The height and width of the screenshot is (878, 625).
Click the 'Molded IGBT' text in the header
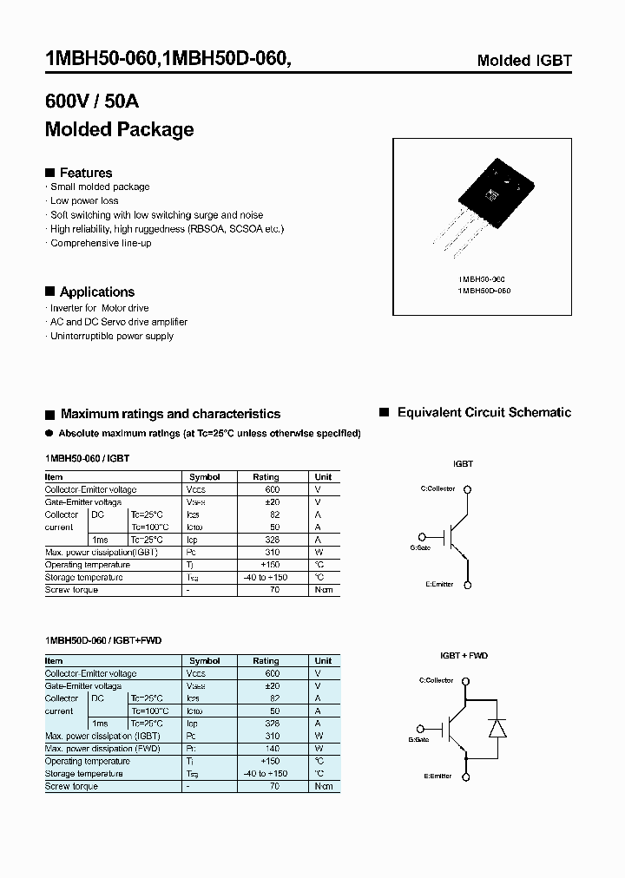pos(524,61)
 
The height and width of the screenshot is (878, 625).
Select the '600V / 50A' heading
pos(91,102)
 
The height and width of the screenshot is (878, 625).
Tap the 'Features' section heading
pos(85,173)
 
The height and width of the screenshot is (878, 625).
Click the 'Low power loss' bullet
pos(84,200)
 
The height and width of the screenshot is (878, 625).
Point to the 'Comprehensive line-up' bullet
pos(101,243)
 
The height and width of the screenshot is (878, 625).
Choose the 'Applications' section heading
pos(96,292)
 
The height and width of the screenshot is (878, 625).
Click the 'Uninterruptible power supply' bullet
pos(112,336)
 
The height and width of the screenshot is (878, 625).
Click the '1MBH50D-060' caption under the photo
pos(484,291)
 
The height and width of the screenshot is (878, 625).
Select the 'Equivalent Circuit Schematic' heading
pos(484,413)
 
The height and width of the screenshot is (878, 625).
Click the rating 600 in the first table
pos(273,489)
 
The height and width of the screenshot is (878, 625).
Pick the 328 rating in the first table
pos(273,540)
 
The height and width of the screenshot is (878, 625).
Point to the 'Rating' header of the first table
pos(266,477)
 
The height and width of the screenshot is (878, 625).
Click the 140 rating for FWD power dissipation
pos(273,748)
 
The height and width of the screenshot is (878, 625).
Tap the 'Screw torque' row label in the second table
pos(71,786)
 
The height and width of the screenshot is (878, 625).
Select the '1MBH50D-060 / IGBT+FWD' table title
pos(103,640)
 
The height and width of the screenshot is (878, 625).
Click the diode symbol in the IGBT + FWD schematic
pos(497,728)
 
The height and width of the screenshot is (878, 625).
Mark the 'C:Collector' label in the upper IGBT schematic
pos(437,488)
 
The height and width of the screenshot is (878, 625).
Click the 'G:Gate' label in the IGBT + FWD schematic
pos(419,739)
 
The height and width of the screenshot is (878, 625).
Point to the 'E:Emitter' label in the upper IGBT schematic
pos(439,584)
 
